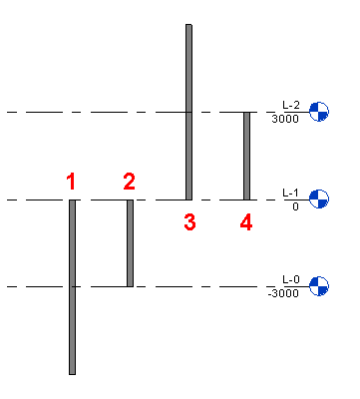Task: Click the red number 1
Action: [71, 182]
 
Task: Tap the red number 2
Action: [130, 182]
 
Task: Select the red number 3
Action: [189, 222]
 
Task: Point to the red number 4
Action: [246, 222]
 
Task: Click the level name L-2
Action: [291, 105]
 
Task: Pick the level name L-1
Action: [290, 193]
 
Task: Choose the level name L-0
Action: [291, 279]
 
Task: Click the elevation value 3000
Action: [285, 119]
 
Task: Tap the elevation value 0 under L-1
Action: [295, 206]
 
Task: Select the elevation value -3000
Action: [283, 293]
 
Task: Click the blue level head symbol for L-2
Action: [319, 112]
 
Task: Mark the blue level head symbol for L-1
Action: [319, 199]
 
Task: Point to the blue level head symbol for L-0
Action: [319, 286]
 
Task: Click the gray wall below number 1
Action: [72, 287]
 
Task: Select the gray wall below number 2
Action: [130, 243]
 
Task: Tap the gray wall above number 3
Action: [188, 112]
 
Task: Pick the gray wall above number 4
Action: [246, 156]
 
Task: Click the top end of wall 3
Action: [188, 24]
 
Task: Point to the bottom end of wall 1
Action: [72, 374]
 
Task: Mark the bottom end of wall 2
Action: [130, 286]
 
